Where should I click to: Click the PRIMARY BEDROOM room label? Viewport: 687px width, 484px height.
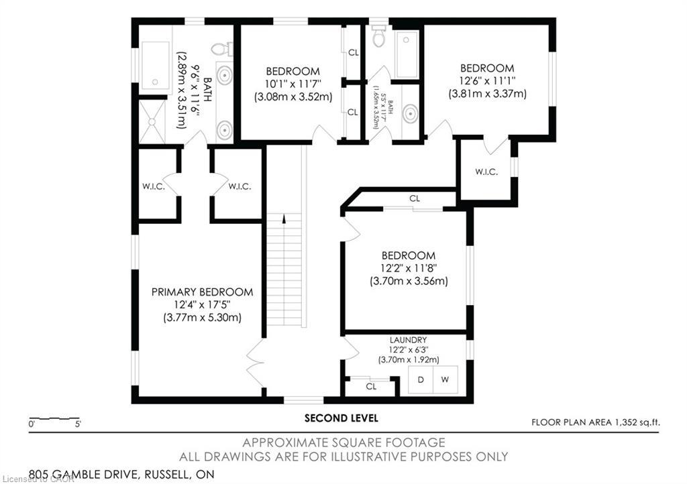202,292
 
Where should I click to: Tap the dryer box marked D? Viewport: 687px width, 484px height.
421,380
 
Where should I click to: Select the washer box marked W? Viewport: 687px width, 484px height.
444,380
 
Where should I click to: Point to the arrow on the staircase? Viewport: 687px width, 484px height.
284,219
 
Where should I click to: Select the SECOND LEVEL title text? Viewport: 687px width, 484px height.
341,418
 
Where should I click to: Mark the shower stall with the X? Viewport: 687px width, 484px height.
151,122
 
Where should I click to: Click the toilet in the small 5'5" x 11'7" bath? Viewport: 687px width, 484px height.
378,38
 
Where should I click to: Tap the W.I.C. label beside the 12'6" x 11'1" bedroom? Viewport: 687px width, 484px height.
486,172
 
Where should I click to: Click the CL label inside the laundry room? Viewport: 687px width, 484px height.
371,387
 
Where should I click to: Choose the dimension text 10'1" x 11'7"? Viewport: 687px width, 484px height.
293,84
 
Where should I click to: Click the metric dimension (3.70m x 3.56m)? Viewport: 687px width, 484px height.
408,282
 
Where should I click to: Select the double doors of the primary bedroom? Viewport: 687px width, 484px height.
255,363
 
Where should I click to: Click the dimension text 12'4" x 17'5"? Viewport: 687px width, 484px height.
202,305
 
